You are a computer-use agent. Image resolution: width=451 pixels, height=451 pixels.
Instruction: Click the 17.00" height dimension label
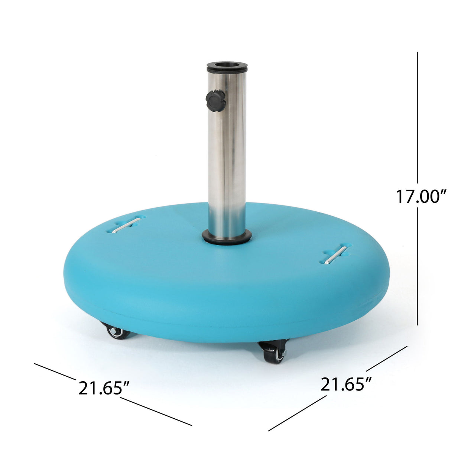pyautogui.click(x=421, y=197)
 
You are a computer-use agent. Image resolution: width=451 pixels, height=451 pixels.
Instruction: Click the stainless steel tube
pyautogui.click(x=227, y=156)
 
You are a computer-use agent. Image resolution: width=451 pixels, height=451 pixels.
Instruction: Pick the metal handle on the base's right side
pyautogui.click(x=335, y=254)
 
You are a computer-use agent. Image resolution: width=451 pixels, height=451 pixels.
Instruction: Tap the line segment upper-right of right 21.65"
pyautogui.click(x=386, y=358)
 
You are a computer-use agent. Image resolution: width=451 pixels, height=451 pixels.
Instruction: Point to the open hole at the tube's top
pyautogui.click(x=227, y=66)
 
